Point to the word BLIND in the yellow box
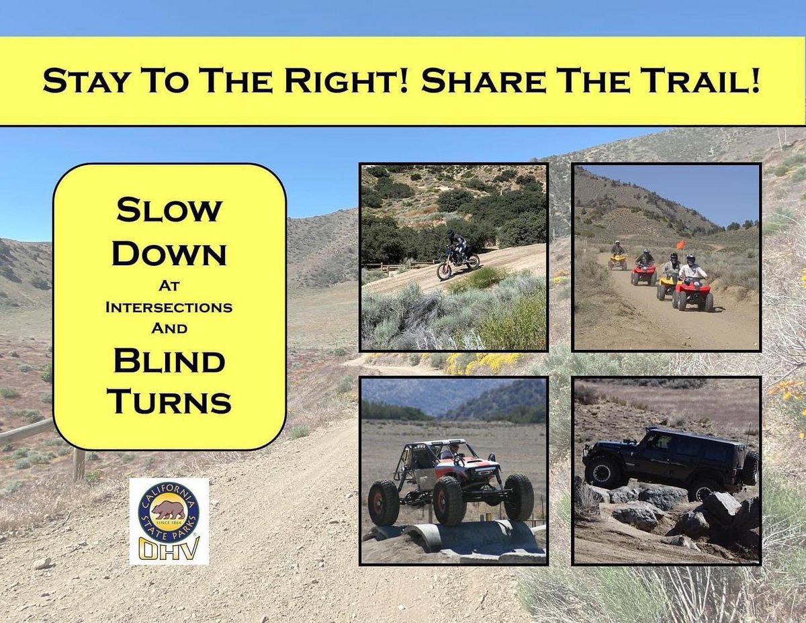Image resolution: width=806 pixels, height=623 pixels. [169, 363]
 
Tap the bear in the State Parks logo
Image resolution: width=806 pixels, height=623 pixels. [168, 511]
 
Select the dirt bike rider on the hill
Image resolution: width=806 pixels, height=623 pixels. [458, 245]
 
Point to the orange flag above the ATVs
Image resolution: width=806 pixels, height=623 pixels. [680, 244]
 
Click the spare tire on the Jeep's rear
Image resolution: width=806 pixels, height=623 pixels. [750, 468]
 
